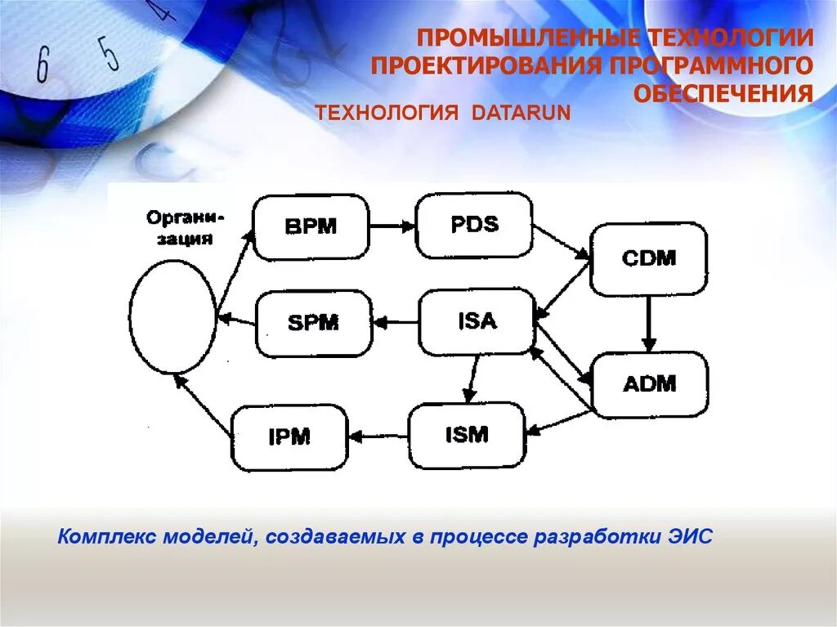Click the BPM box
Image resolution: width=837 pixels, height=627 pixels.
pos(311,226)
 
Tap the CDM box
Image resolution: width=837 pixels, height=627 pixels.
pos(649,258)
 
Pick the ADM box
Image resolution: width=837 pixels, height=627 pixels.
pos(650,384)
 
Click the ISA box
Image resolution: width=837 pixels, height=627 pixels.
pos(477,321)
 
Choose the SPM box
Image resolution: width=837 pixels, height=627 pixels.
pos(314,323)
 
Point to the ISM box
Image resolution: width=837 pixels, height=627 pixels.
pos(467,435)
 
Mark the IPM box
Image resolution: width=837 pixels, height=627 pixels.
pos(289,437)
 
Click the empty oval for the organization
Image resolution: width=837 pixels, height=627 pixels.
pos(173,316)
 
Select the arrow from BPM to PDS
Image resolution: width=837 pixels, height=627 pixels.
pos(392,226)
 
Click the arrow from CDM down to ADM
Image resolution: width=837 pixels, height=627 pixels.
pos(649,323)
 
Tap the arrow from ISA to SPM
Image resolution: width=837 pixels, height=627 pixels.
pos(396,323)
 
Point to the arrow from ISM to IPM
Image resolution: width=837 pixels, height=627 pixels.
pos(378,437)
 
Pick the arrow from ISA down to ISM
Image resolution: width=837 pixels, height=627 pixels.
pos(471,378)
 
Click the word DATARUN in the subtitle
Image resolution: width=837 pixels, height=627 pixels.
pos(519,112)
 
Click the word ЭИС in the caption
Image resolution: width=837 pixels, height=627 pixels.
pos(695,537)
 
